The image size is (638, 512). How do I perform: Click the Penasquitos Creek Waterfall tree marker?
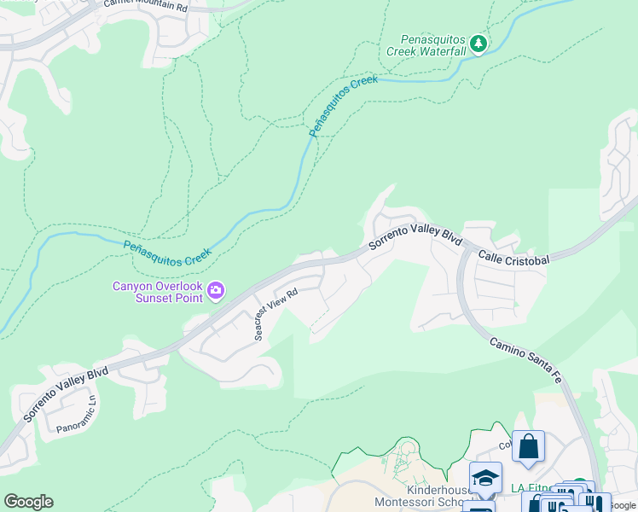pos(479,44)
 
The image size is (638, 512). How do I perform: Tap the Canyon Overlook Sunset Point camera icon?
pos(217,292)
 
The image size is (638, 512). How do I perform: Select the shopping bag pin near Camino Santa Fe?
pos(528,446)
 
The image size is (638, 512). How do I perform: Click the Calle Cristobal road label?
pos(513,257)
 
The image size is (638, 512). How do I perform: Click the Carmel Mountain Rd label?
pos(145,5)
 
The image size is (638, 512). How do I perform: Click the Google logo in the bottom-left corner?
pos(28,502)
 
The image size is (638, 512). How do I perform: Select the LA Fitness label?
pos(531,488)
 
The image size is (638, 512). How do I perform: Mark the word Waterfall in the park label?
pos(442,51)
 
